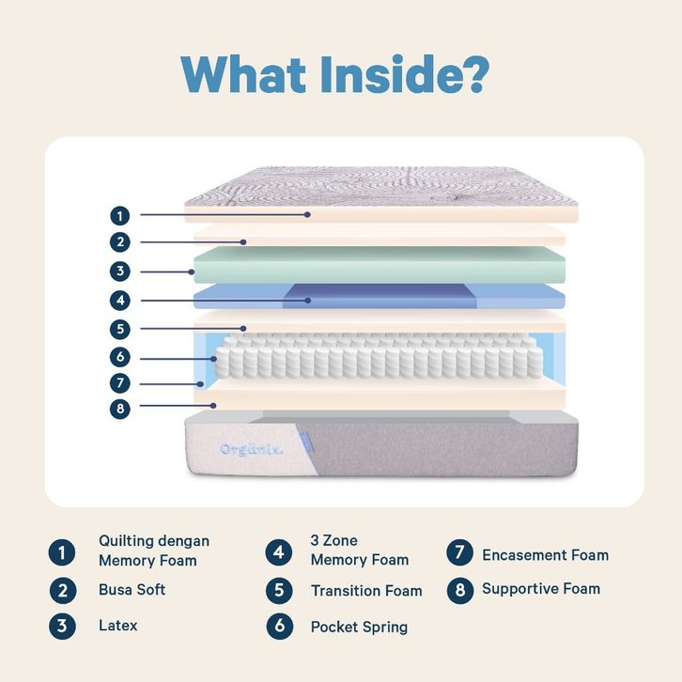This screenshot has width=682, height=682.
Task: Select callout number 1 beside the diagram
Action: click(x=119, y=214)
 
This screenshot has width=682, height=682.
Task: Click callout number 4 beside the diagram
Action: click(x=119, y=301)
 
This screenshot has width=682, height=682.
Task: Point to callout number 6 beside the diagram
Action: click(x=119, y=357)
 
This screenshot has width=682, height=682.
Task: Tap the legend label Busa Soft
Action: click(x=132, y=590)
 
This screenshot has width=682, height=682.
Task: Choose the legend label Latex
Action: click(x=117, y=625)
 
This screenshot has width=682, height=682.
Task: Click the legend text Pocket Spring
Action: click(x=359, y=626)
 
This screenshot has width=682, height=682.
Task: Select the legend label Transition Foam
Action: click(x=366, y=591)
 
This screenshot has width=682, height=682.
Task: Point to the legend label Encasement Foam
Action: click(x=545, y=554)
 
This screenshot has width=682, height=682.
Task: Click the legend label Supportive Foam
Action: click(x=540, y=589)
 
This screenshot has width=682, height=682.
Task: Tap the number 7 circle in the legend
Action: click(x=459, y=553)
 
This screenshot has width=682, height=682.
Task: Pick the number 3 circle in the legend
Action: click(x=62, y=626)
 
